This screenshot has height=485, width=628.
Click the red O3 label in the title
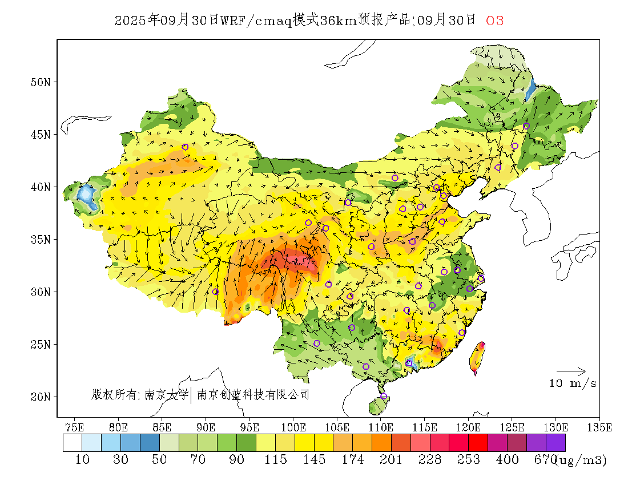494,21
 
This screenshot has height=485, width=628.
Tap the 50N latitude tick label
40,82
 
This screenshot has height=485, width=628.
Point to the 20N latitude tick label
40,397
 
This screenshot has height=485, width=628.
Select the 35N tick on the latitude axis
40,239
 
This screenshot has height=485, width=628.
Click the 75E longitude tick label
75,427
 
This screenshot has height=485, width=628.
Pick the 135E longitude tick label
599,427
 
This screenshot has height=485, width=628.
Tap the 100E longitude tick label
293,427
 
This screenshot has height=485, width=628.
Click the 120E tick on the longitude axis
468,427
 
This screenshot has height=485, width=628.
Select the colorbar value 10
82,459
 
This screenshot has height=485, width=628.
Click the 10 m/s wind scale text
573,383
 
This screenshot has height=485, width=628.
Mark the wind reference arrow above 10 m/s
571,371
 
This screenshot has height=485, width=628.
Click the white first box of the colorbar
73,443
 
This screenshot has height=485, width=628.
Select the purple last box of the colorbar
555,443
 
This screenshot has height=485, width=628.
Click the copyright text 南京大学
166,394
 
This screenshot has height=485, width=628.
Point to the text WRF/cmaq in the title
256,21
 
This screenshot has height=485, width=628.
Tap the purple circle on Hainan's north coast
384,396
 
